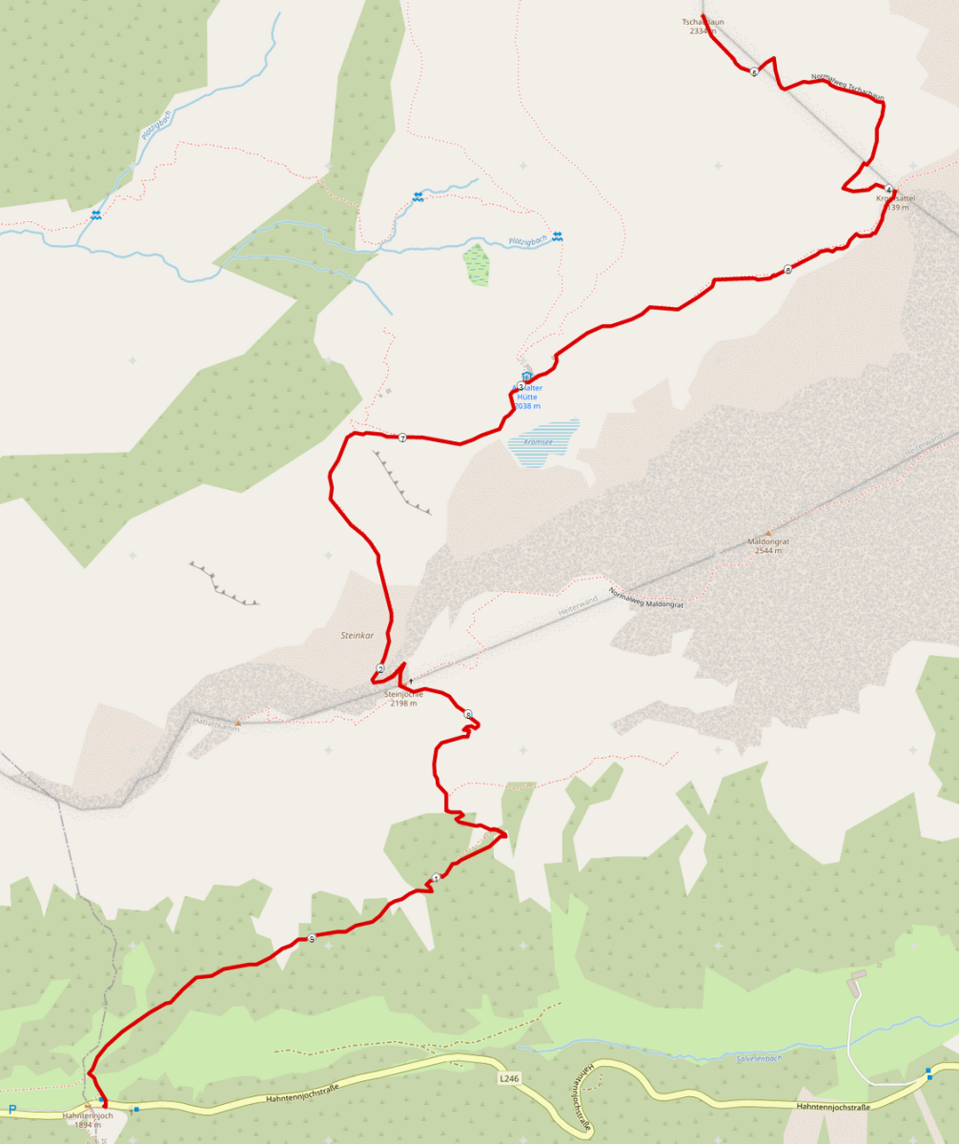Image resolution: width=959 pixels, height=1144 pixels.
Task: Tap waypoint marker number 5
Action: [754, 72]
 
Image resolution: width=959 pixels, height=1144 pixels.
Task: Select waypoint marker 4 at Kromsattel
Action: [888, 189]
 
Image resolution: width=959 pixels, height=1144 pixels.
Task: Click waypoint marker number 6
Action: [787, 270]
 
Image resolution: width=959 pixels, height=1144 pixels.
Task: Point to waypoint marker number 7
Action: [403, 439]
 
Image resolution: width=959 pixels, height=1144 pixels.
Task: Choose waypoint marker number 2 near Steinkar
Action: [380, 669]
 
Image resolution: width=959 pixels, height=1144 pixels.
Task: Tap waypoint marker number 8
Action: [468, 714]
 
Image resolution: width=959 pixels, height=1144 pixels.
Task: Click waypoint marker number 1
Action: [436, 878]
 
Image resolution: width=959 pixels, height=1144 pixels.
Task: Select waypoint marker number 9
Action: [312, 939]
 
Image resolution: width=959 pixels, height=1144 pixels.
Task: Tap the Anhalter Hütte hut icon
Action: [527, 378]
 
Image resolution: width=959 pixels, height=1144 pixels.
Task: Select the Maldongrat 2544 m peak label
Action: [768, 545]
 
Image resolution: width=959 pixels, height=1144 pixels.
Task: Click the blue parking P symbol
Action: [12, 1109]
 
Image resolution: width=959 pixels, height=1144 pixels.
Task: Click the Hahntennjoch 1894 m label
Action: [88, 1119]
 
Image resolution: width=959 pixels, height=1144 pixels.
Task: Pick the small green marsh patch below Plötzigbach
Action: [477, 265]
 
